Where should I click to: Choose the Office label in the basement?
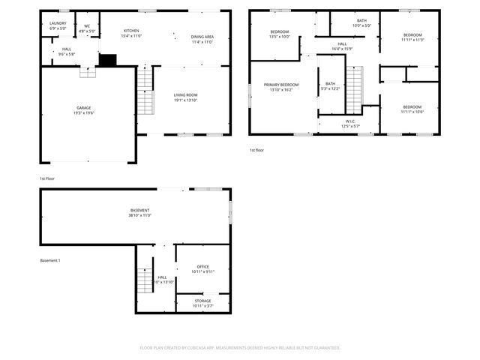(202, 268)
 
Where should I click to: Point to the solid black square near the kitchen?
(109, 59)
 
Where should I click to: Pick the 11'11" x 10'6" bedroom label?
(412, 109)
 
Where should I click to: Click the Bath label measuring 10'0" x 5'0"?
(361, 22)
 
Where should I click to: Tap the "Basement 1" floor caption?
(50, 260)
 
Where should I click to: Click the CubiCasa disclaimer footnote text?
(240, 348)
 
